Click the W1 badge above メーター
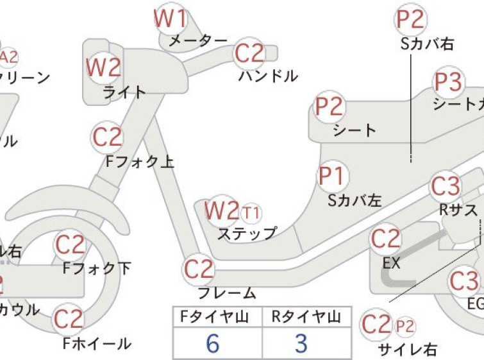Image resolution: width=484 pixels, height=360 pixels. (170, 19)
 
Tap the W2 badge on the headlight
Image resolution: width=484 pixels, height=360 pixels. (103, 67)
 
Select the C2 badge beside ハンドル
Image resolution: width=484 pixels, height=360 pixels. (250, 54)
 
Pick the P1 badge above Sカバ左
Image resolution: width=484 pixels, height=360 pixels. (331, 175)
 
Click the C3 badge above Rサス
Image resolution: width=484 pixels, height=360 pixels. (446, 187)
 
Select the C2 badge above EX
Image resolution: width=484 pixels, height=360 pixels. (385, 239)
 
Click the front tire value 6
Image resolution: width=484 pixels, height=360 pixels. (213, 344)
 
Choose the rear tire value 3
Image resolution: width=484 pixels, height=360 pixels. (301, 344)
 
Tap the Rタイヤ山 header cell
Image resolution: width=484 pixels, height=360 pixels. (306, 316)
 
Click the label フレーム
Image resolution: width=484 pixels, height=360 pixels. (226, 293)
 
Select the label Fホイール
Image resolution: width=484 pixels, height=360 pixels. (97, 344)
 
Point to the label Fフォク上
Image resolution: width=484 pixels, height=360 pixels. (140, 162)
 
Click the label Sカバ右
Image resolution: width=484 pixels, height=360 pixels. (425, 44)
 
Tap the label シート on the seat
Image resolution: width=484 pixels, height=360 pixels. (355, 130)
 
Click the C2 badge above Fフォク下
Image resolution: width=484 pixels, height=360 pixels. (69, 245)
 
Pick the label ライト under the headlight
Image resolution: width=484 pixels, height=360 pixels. (124, 92)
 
